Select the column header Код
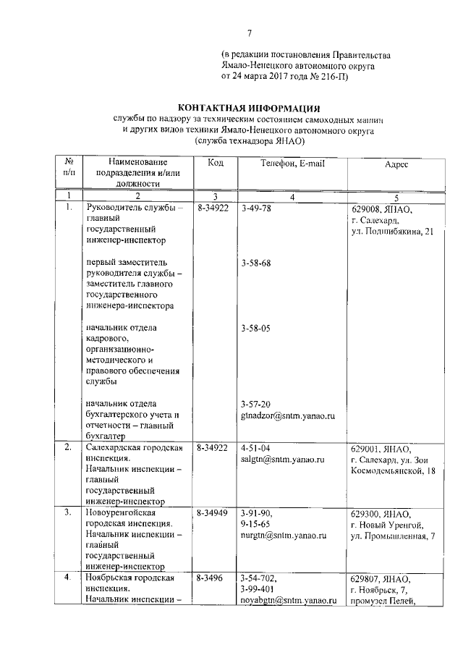[x=215, y=164]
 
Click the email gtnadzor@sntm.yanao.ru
[x=289, y=416]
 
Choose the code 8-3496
[x=211, y=579]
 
